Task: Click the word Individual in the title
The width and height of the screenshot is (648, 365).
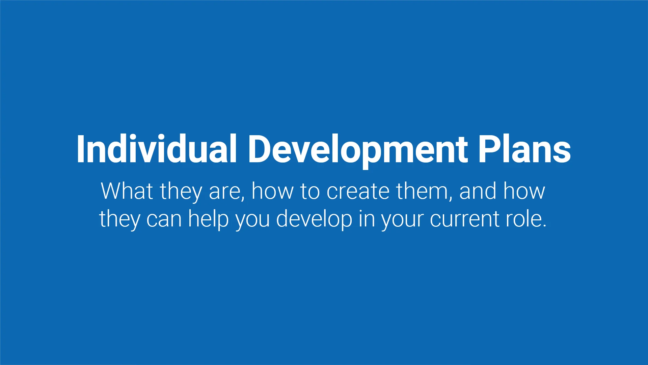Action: click(156, 149)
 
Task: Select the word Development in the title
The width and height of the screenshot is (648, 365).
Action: click(358, 149)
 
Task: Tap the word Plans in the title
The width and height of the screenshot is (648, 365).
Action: click(524, 149)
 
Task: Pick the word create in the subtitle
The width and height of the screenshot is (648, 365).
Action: click(358, 191)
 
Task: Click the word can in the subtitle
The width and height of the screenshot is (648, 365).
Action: click(164, 219)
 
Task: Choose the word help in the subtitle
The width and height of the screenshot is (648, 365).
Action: click(208, 219)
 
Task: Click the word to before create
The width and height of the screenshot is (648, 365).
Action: click(310, 191)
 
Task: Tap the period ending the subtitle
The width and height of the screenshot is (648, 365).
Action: click(544, 226)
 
